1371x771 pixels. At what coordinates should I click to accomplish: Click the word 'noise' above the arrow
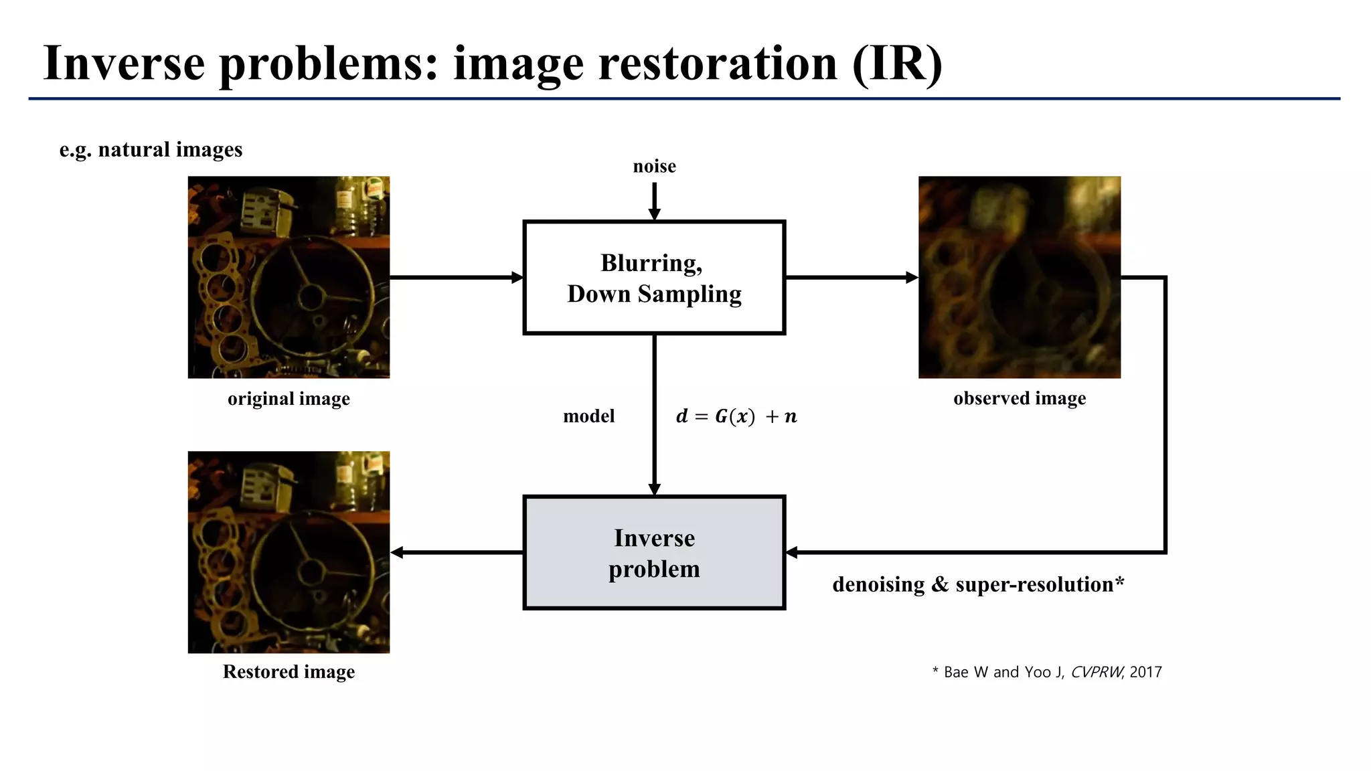(x=654, y=166)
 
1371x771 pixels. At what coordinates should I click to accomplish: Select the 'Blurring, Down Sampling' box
(x=654, y=278)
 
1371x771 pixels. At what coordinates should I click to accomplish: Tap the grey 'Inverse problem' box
(x=654, y=553)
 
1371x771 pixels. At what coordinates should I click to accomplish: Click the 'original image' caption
(x=289, y=399)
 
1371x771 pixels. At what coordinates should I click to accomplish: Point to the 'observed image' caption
(x=1020, y=398)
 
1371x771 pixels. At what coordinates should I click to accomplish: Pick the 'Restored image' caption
(x=289, y=671)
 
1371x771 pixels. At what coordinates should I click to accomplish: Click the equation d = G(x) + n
(x=736, y=416)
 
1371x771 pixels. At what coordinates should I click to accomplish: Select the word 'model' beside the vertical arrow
(x=588, y=416)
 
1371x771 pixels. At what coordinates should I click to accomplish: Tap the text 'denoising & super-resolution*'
(x=978, y=584)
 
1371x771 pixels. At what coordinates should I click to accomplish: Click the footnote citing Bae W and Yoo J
(x=1047, y=672)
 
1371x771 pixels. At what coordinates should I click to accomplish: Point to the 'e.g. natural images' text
(x=151, y=149)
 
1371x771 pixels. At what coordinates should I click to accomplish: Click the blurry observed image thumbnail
(x=1020, y=277)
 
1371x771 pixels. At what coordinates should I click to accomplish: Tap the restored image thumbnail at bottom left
(x=289, y=552)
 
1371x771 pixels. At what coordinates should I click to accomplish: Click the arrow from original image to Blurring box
(x=456, y=277)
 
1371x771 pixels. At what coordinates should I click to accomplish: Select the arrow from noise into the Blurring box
(x=654, y=200)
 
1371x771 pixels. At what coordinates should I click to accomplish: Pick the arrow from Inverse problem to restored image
(x=456, y=553)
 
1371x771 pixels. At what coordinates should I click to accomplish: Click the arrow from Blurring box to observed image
(x=851, y=277)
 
